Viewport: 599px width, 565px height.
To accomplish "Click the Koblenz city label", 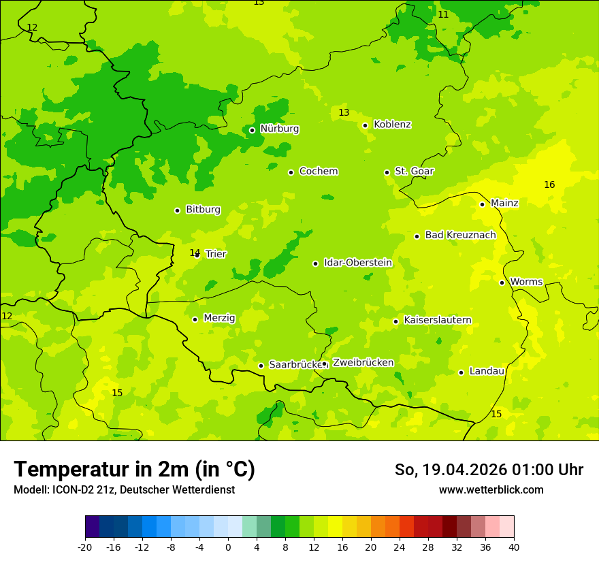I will (x=392, y=125).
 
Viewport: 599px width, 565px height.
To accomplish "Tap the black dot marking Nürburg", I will (x=252, y=130).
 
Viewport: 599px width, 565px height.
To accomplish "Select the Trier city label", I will (x=216, y=254).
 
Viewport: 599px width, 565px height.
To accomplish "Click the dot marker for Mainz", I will (x=482, y=204).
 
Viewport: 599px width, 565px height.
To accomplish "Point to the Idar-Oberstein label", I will (x=358, y=263).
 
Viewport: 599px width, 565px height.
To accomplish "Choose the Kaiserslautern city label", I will (x=437, y=320).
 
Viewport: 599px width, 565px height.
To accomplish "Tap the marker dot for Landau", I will (x=461, y=372).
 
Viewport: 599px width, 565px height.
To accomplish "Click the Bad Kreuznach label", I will (x=460, y=235).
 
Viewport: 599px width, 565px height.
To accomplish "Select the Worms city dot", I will (x=502, y=282).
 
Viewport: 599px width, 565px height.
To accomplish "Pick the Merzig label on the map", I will (x=219, y=318).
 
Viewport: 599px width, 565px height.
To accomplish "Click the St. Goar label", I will (x=414, y=171).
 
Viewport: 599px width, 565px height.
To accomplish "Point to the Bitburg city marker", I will (x=177, y=210).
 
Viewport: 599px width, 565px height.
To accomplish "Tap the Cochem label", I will (x=319, y=171).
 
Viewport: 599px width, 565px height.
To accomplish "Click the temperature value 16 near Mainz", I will (x=549, y=184).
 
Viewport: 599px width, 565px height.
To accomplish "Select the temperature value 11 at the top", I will (x=443, y=14).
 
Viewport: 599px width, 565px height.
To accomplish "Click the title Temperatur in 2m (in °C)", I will (x=134, y=469).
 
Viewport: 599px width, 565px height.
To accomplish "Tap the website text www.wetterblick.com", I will (x=491, y=489).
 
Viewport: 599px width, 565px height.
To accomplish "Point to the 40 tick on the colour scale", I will (x=514, y=547).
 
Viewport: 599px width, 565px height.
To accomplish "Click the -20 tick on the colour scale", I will (x=85, y=547).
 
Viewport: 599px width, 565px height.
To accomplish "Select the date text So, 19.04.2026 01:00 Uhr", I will (x=489, y=470).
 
